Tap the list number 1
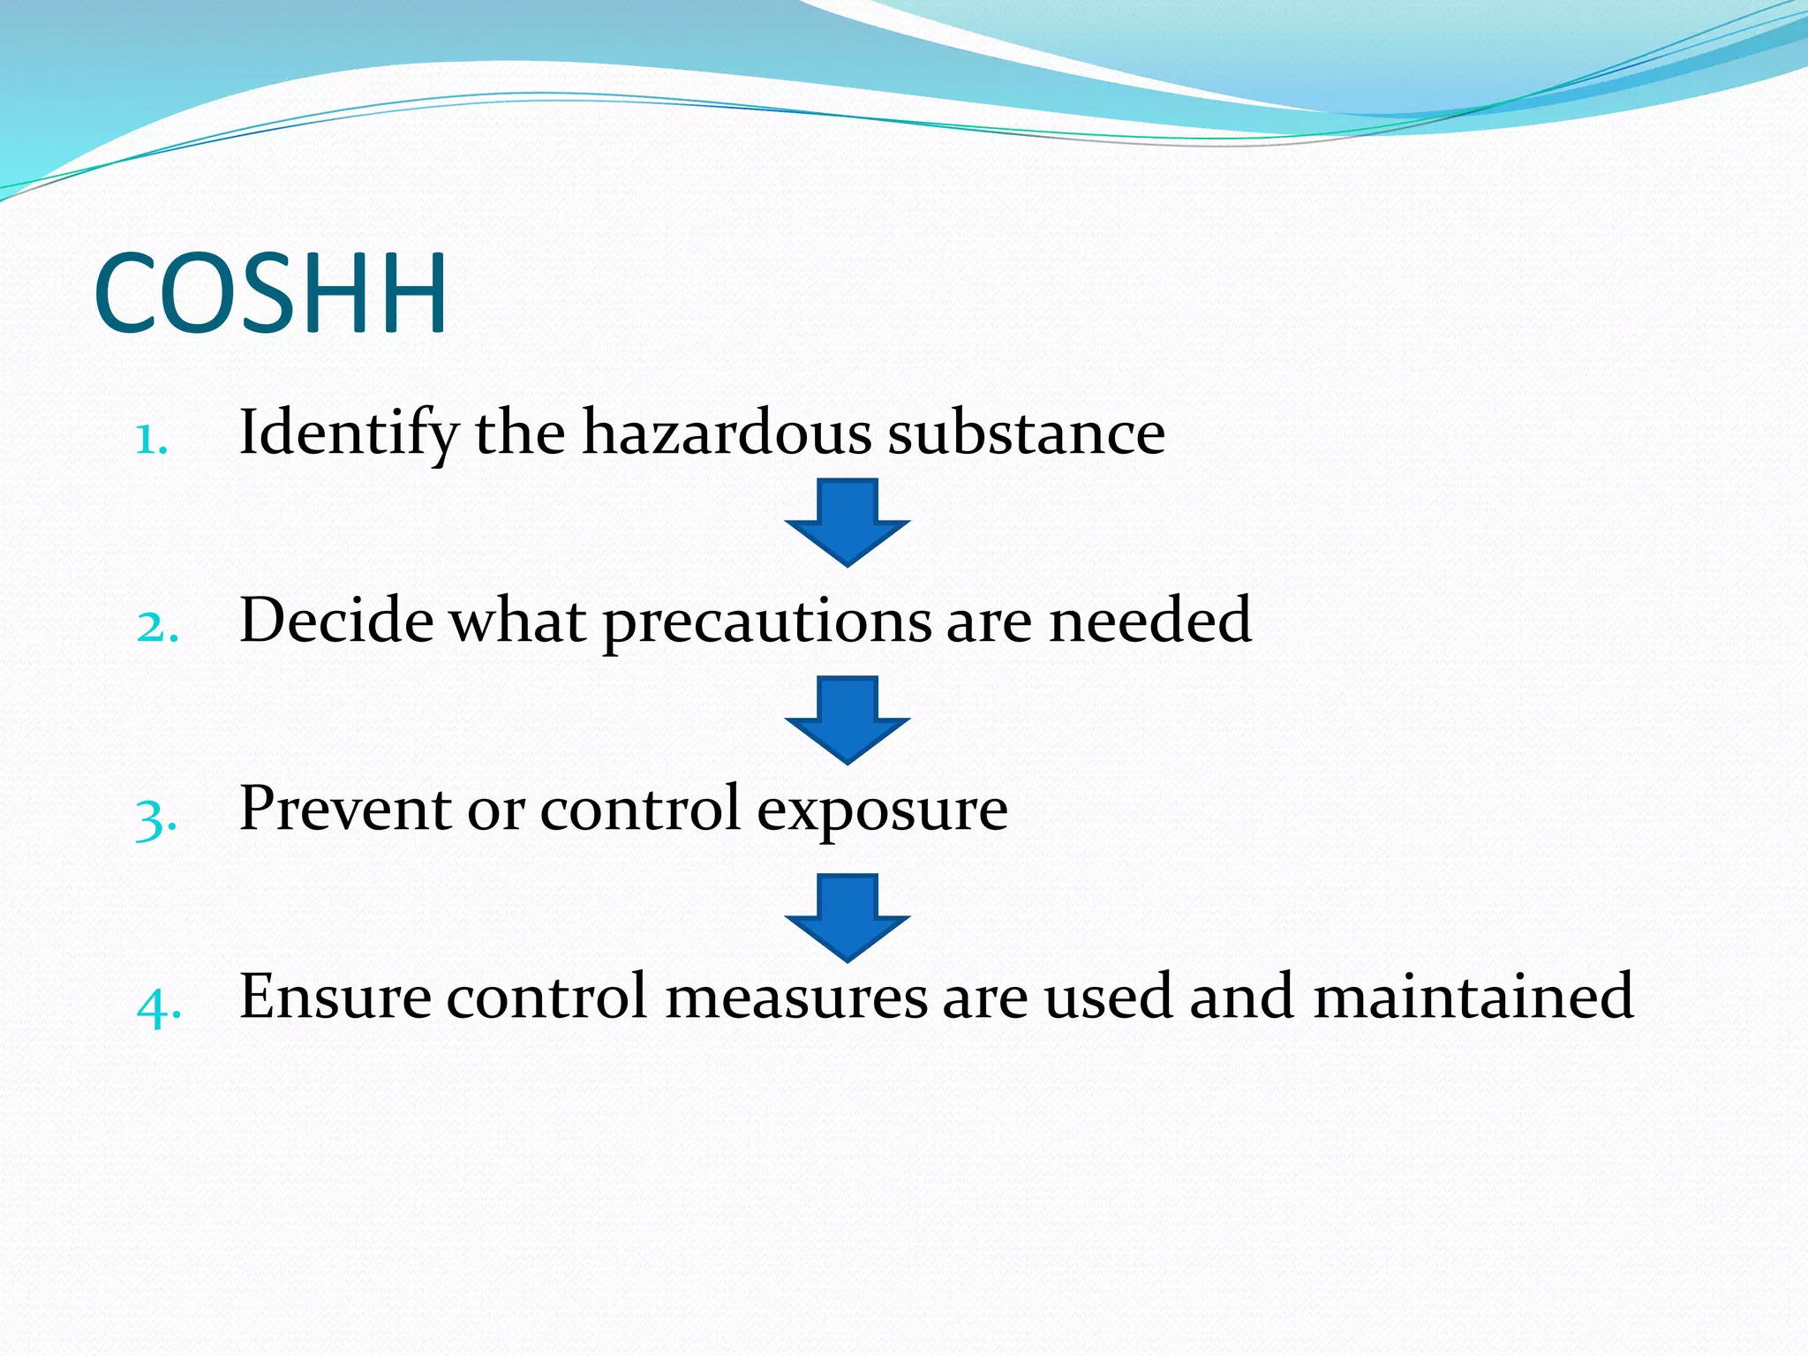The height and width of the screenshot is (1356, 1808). pyautogui.click(x=151, y=439)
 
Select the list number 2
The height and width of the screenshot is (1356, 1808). pyautogui.click(x=157, y=627)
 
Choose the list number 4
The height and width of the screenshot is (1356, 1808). pyautogui.click(x=159, y=1006)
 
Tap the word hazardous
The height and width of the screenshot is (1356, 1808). pyautogui.click(x=727, y=433)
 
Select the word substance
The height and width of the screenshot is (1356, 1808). pyautogui.click(x=1026, y=433)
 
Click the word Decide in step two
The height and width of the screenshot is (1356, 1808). pyautogui.click(x=336, y=621)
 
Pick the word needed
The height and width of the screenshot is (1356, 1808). pyautogui.click(x=1149, y=621)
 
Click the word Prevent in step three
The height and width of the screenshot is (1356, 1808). pyautogui.click(x=345, y=809)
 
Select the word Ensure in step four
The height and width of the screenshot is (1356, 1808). pyautogui.click(x=335, y=997)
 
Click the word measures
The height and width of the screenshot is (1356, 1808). pyautogui.click(x=795, y=997)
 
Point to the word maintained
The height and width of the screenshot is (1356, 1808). pyautogui.click(x=1473, y=997)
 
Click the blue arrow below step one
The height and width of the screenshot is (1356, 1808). pyautogui.click(x=847, y=521)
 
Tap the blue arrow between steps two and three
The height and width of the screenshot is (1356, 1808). pyautogui.click(x=847, y=719)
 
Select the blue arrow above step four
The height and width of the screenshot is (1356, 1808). pyautogui.click(x=847, y=916)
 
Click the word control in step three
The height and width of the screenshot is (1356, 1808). pyautogui.click(x=640, y=809)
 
